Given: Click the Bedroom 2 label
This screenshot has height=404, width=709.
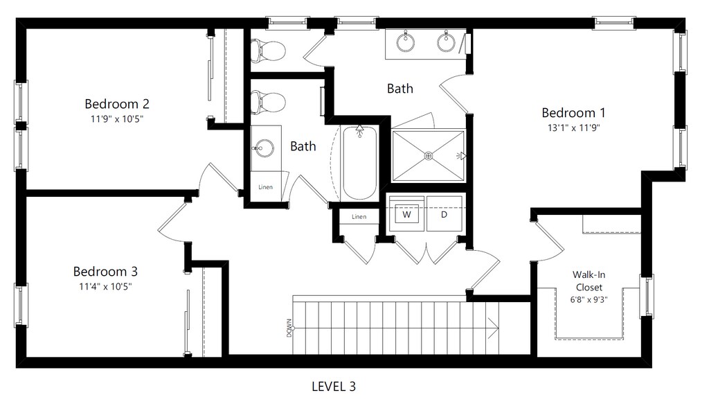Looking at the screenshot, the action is point(117,104).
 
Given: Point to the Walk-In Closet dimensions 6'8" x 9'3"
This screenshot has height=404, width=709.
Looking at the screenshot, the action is point(587,300).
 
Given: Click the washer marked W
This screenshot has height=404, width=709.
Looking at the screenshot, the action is point(407,215).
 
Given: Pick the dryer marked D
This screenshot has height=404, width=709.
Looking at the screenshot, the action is point(443,215).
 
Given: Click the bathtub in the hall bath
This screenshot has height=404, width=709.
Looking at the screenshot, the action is point(359,163).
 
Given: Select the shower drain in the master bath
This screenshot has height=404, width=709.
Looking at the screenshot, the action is point(429,156).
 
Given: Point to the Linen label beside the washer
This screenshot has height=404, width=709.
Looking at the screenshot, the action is point(359,217).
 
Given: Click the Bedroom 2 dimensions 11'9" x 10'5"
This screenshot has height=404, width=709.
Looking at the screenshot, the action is point(117,118).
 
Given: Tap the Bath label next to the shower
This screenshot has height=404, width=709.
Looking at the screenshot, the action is point(400,88).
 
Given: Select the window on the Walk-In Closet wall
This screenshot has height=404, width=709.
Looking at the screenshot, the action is point(646,296).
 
